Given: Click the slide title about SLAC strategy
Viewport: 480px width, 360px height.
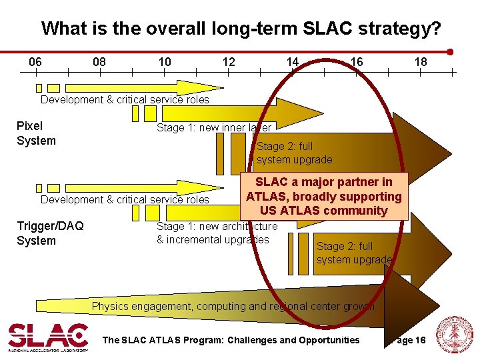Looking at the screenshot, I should (x=241, y=29).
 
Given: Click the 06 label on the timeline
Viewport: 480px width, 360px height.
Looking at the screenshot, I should (x=35, y=62).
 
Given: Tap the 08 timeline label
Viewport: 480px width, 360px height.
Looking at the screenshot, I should (x=99, y=62).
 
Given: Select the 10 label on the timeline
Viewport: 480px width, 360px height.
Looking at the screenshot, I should (x=165, y=62).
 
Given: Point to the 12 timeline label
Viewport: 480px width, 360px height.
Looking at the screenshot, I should (x=229, y=62).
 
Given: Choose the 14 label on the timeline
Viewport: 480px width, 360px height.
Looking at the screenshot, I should (x=292, y=62).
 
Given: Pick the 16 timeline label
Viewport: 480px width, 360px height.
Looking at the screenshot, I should (x=357, y=62).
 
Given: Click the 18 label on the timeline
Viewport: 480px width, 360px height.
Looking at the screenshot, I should (x=421, y=62).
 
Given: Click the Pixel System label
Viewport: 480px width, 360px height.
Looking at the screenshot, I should (x=36, y=133).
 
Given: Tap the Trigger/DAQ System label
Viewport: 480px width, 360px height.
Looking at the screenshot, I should (x=50, y=233).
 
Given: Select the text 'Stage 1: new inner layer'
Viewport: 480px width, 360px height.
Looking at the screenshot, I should (x=213, y=127).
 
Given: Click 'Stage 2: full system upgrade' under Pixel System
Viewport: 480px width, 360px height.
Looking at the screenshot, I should (x=294, y=153).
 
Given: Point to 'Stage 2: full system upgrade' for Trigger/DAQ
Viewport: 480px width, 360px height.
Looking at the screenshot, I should (x=354, y=253).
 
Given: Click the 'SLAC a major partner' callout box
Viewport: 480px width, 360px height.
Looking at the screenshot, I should (x=324, y=196).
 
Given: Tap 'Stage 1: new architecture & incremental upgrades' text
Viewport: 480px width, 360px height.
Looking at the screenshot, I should (x=216, y=233).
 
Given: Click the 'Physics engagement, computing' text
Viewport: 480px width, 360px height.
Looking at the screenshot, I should (x=233, y=307).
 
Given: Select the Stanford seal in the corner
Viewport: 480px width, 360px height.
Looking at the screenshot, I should (x=454, y=335).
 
